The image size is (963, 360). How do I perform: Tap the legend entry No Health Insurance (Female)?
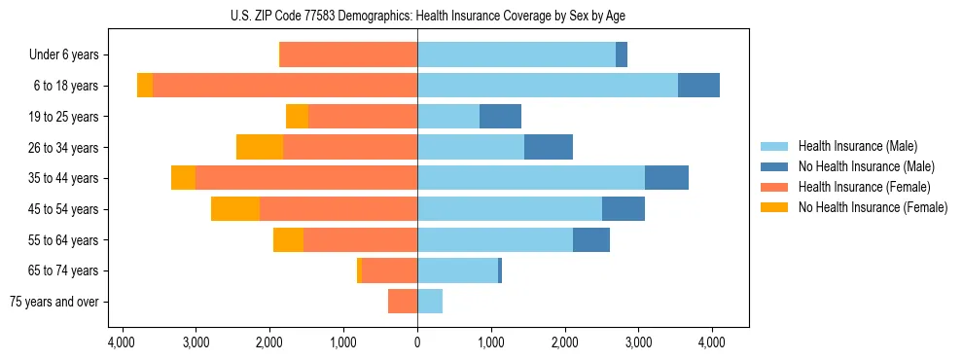pos(872,207)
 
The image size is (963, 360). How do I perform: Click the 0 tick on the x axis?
pos(417,342)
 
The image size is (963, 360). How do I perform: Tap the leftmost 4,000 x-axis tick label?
pos(122,342)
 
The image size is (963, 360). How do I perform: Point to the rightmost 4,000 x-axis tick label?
pos(712,342)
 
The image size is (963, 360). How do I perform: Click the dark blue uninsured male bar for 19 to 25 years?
pos(500,117)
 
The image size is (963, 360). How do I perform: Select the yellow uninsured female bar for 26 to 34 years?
pos(260,147)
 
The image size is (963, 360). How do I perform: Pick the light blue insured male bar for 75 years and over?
pos(430,302)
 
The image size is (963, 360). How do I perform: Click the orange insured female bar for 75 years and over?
pos(403,302)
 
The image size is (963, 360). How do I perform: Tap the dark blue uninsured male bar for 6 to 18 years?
pos(698,86)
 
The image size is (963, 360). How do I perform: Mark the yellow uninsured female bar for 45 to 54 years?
pos(235,209)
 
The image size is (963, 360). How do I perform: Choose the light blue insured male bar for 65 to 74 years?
pos(457,270)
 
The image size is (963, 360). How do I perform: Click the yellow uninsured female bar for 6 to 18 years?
pos(145,86)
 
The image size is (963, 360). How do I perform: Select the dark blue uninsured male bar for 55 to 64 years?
pos(591,239)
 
